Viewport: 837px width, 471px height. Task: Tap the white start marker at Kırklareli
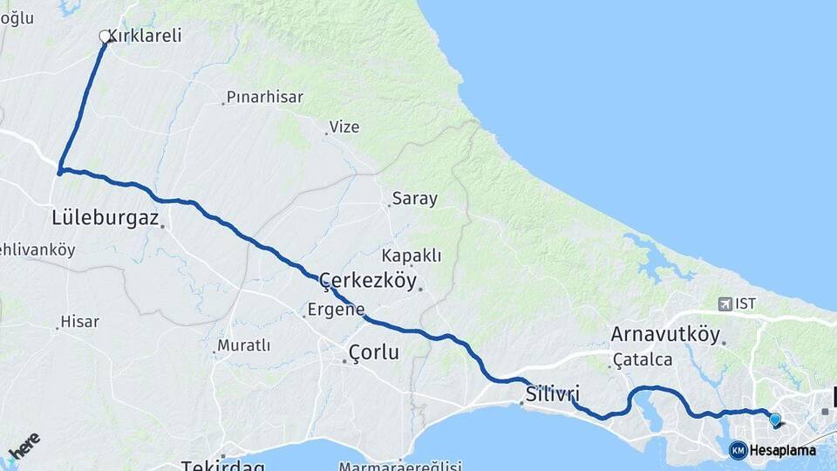click(x=105, y=37)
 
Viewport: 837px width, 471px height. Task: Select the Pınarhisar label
click(x=265, y=97)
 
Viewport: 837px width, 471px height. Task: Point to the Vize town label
click(x=344, y=127)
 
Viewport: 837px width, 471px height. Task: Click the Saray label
click(x=415, y=199)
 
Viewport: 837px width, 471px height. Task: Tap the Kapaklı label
click(x=412, y=256)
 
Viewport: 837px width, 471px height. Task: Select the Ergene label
click(x=336, y=310)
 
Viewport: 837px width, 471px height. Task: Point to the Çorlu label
click(x=373, y=353)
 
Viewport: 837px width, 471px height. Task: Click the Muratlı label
click(x=244, y=346)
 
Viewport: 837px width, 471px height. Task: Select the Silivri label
click(x=553, y=393)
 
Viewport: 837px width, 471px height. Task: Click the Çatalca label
click(x=643, y=359)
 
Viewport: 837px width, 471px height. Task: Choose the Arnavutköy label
click(x=665, y=335)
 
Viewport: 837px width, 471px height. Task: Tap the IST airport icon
click(x=725, y=304)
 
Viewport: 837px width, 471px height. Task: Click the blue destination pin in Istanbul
click(x=774, y=420)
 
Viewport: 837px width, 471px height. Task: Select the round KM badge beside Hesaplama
click(x=738, y=450)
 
